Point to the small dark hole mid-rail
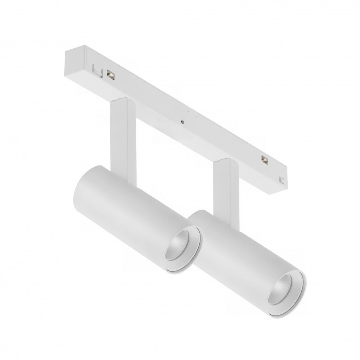tap(183, 121)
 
